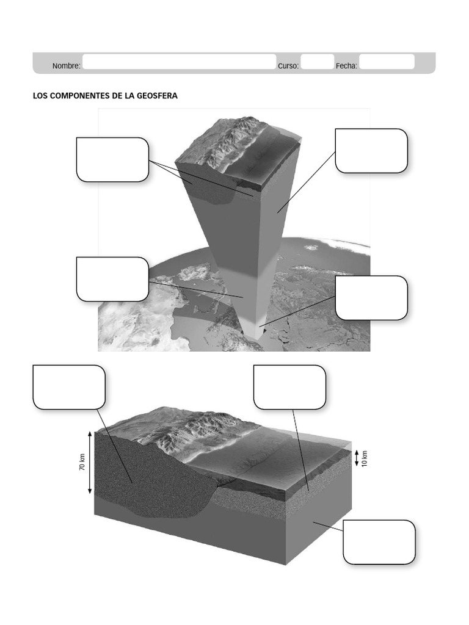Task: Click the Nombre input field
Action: [x=179, y=62]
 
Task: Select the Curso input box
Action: [x=318, y=62]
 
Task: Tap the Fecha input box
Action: [x=387, y=62]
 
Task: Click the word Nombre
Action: [x=66, y=66]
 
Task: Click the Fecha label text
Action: [x=346, y=66]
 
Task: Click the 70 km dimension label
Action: [x=82, y=462]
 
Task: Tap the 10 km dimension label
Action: [x=364, y=458]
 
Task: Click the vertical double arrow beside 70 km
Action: [x=90, y=463]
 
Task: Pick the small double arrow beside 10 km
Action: [x=357, y=458]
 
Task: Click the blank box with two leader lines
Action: [x=112, y=160]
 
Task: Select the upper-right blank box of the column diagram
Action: [x=371, y=151]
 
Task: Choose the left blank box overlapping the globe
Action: [x=112, y=279]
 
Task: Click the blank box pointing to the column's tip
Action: [x=371, y=298]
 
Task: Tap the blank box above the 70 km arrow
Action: [x=69, y=387]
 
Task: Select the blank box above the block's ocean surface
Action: [x=289, y=387]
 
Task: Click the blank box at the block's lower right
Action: [x=379, y=542]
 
